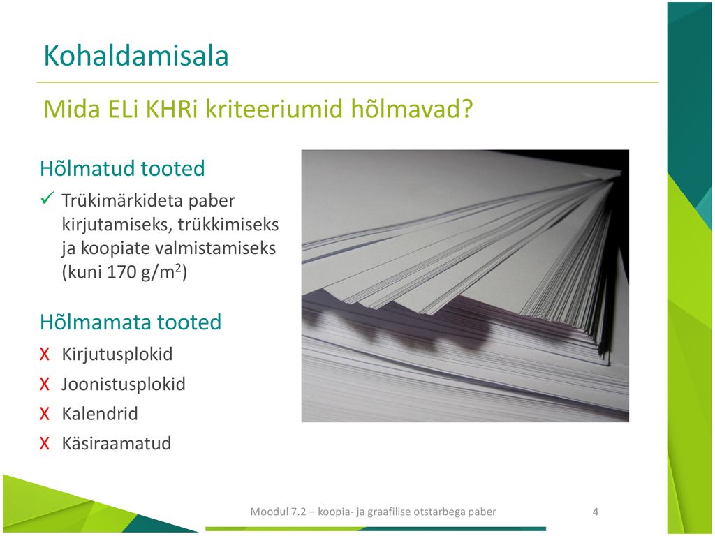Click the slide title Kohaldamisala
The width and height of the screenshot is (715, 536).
pyautogui.click(x=136, y=56)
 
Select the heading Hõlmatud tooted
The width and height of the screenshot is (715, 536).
pyautogui.click(x=122, y=168)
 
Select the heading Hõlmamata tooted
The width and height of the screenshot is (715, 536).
pyautogui.click(x=131, y=322)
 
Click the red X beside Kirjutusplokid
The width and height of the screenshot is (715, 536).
pyautogui.click(x=44, y=354)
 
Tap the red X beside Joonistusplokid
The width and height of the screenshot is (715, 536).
pyautogui.click(x=44, y=385)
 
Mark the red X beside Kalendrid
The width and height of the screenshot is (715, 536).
pyautogui.click(x=44, y=414)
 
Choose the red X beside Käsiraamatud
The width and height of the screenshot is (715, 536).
pyautogui.click(x=44, y=443)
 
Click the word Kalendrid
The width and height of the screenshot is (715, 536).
pyautogui.click(x=99, y=414)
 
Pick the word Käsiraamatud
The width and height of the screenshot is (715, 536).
pyautogui.click(x=117, y=443)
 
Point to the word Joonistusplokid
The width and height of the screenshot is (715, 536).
pyautogui.click(x=124, y=385)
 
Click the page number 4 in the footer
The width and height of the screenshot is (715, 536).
pyautogui.click(x=595, y=512)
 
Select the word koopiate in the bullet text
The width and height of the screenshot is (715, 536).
pyautogui.click(x=115, y=248)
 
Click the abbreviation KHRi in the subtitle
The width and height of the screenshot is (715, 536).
pyautogui.click(x=171, y=109)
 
